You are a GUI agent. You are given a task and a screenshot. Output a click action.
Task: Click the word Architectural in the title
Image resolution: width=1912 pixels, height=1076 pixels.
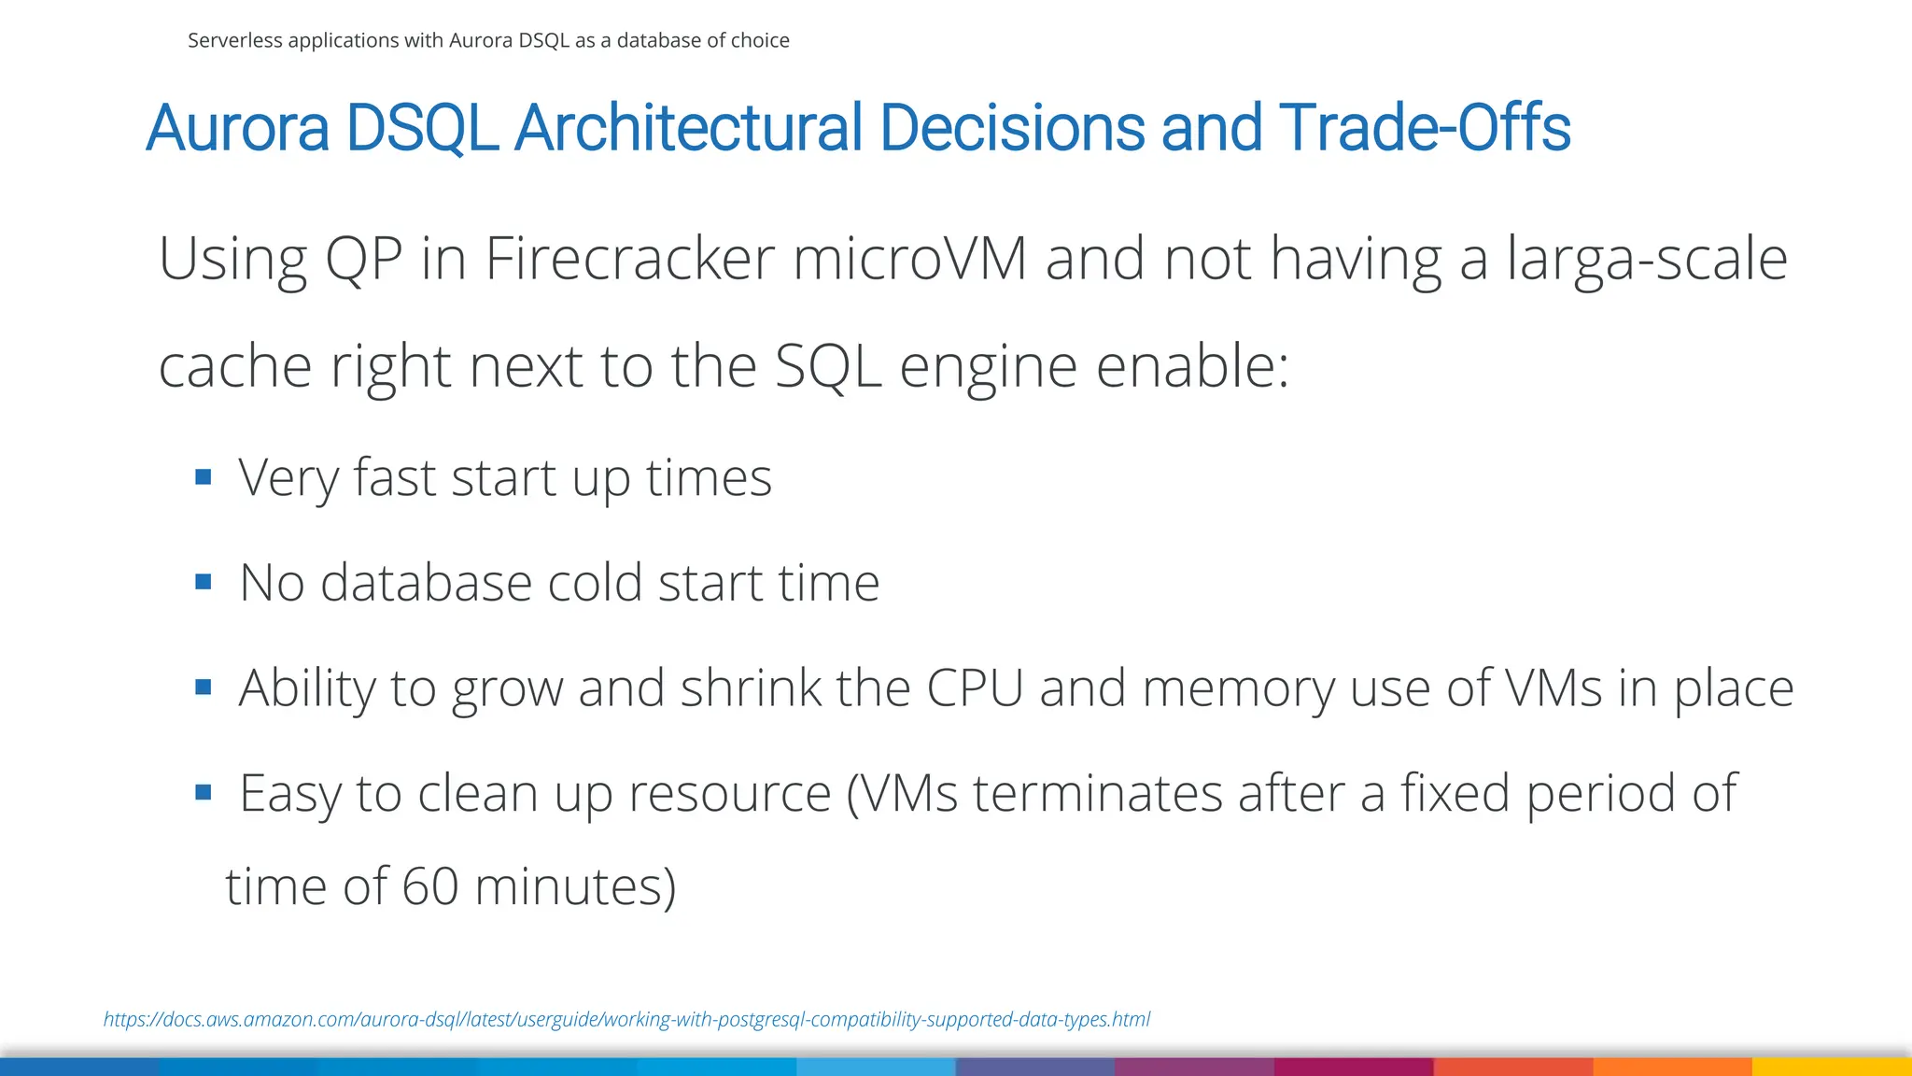(x=688, y=128)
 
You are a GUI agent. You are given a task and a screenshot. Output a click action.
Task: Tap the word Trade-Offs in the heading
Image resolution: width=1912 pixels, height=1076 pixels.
(x=1425, y=128)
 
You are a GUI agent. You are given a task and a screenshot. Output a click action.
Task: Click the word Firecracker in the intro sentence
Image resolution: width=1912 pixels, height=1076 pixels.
(x=629, y=259)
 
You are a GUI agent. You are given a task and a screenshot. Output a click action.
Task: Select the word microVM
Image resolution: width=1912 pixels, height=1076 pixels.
(x=910, y=259)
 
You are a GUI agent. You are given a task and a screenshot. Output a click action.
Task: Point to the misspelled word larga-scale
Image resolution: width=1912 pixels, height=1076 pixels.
(x=1647, y=259)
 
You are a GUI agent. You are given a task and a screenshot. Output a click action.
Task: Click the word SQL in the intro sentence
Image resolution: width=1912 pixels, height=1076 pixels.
(x=828, y=366)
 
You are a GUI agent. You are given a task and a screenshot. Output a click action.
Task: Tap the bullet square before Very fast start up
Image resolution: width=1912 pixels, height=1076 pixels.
(x=204, y=478)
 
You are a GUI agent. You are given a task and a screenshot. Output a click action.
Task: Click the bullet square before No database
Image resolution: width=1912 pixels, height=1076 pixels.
(x=204, y=583)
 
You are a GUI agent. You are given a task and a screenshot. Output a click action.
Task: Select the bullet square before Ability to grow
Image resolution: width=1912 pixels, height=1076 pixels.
(x=204, y=688)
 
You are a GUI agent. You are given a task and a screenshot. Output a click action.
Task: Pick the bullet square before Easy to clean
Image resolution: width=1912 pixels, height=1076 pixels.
(x=204, y=793)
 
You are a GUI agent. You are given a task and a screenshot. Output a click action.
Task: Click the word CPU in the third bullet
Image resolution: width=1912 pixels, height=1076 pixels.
(x=975, y=688)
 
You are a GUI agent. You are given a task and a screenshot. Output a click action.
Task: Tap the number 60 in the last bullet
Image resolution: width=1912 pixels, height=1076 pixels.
(x=430, y=886)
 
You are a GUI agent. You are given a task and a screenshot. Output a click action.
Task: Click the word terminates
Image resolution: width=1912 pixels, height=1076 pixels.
(x=1098, y=793)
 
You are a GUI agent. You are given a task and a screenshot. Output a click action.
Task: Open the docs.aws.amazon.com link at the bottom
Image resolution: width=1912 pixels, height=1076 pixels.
(x=626, y=1019)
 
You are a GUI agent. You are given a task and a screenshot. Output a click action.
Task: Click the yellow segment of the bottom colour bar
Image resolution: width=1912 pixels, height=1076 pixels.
(x=1832, y=1067)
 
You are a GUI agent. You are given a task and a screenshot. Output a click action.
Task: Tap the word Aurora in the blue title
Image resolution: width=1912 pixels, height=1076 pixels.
(x=238, y=128)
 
